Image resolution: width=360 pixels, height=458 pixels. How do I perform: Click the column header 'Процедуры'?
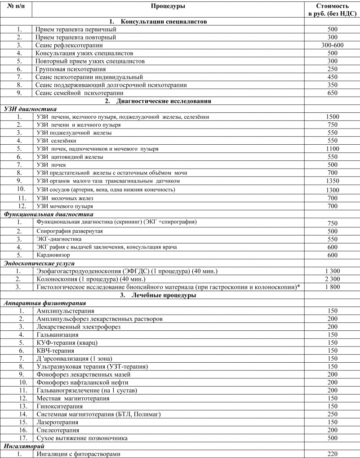click(168, 6)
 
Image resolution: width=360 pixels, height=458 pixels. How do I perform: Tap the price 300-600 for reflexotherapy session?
click(333, 45)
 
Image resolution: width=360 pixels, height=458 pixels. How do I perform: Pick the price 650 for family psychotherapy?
click(333, 93)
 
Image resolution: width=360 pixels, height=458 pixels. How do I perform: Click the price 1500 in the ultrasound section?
click(333, 117)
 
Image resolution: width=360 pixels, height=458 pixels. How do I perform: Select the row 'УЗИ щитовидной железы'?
click(70, 157)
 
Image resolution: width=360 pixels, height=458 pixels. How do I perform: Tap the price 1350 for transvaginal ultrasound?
click(333, 181)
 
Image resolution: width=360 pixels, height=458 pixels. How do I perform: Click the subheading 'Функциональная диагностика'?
click(48, 214)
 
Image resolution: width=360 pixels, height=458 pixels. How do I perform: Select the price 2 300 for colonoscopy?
click(333, 279)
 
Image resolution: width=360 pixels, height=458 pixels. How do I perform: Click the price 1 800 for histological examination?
click(333, 287)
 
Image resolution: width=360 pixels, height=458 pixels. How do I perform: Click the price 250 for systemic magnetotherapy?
click(333, 414)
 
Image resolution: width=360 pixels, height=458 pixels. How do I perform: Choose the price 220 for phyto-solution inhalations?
click(333, 454)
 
